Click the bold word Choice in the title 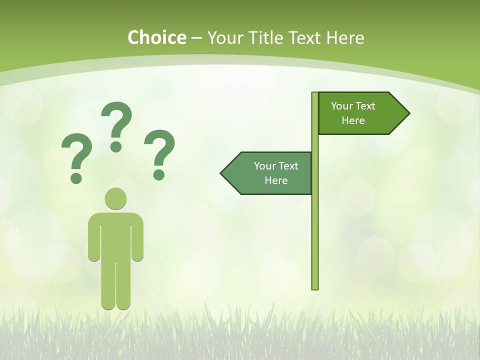(x=156, y=38)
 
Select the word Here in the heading (x=345, y=38)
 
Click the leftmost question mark (x=76, y=152)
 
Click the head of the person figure (x=115, y=198)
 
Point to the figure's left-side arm (x=93, y=240)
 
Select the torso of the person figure (x=115, y=235)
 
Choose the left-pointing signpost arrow (x=267, y=173)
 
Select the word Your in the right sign (x=342, y=106)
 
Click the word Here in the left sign (x=276, y=180)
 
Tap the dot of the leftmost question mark (x=76, y=177)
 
